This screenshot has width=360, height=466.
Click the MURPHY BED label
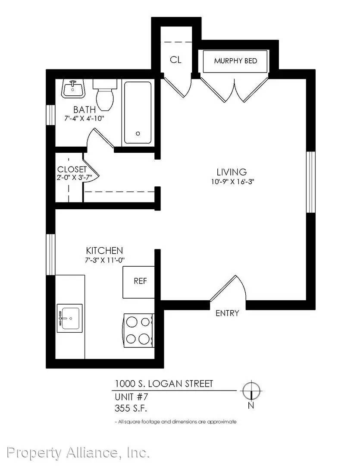(x=235, y=61)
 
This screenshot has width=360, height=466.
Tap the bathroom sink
(x=73, y=88)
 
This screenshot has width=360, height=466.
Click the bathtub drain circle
(x=138, y=134)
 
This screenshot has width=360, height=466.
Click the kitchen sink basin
(x=70, y=318)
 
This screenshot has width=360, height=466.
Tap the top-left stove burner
(x=131, y=322)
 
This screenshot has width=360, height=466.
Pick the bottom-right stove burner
(x=144, y=339)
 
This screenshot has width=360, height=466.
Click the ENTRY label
(x=227, y=313)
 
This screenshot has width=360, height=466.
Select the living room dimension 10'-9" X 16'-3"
(x=233, y=182)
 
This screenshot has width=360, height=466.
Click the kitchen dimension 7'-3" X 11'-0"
(x=105, y=260)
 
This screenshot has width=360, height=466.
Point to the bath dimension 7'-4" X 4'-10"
(x=85, y=118)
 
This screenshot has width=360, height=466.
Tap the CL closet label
(x=175, y=60)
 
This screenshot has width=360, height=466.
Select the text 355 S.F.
(x=131, y=408)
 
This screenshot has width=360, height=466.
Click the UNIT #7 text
(x=131, y=397)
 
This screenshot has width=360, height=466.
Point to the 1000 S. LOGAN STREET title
(x=164, y=384)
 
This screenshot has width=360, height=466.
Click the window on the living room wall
(x=310, y=182)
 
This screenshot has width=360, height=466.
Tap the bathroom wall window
(x=51, y=115)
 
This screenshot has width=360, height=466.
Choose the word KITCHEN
(x=104, y=251)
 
